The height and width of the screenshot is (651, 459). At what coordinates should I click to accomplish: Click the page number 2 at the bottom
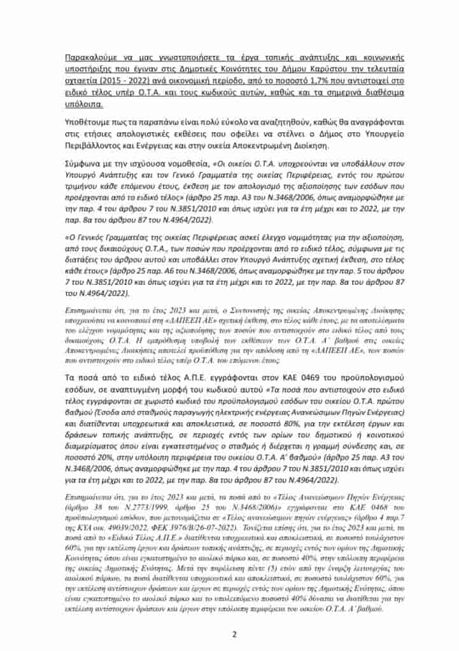point(234,633)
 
